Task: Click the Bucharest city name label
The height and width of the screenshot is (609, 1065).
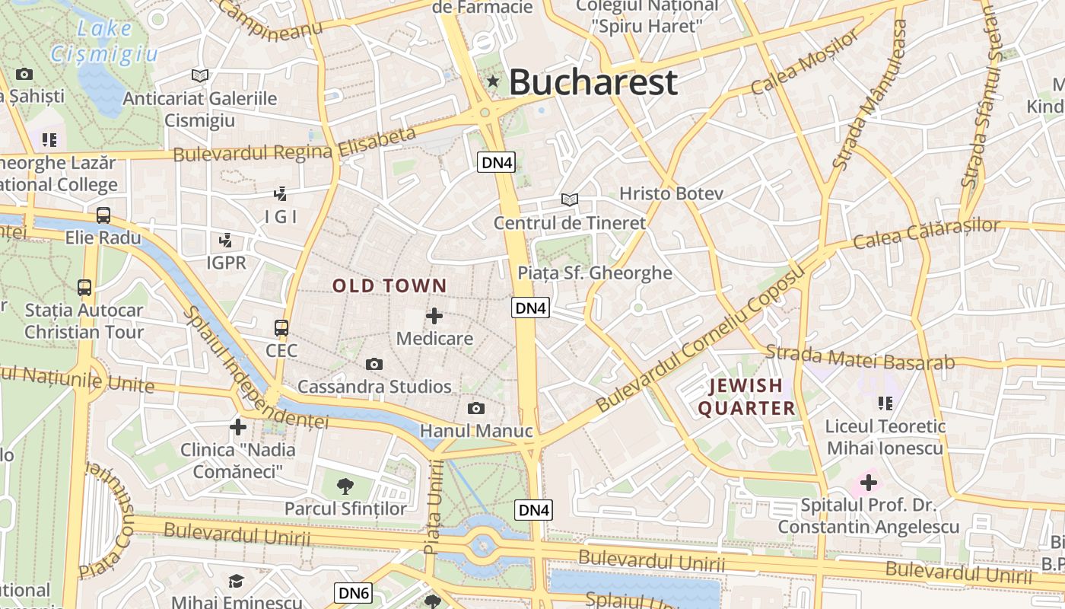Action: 593,82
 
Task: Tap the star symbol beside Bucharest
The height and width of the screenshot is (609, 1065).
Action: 493,81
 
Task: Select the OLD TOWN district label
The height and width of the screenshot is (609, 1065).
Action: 389,286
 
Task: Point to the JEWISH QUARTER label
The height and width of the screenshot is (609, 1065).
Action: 746,397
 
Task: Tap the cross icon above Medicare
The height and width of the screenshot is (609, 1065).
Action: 434,315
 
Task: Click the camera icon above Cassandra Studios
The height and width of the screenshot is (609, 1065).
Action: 374,365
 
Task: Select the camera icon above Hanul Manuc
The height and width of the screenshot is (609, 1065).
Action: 476,409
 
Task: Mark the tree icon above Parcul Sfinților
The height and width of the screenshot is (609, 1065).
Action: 345,486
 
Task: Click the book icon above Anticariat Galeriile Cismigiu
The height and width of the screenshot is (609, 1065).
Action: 200,76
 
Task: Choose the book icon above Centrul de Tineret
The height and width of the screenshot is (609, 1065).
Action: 569,200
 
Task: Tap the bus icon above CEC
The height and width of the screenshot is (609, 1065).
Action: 281,328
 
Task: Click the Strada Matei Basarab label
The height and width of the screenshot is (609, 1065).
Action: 860,357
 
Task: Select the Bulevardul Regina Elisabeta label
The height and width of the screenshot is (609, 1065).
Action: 295,145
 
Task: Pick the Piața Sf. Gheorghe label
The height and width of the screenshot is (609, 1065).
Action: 595,273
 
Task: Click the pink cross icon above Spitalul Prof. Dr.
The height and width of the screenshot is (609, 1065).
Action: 868,482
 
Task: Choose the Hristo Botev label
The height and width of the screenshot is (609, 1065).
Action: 671,193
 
